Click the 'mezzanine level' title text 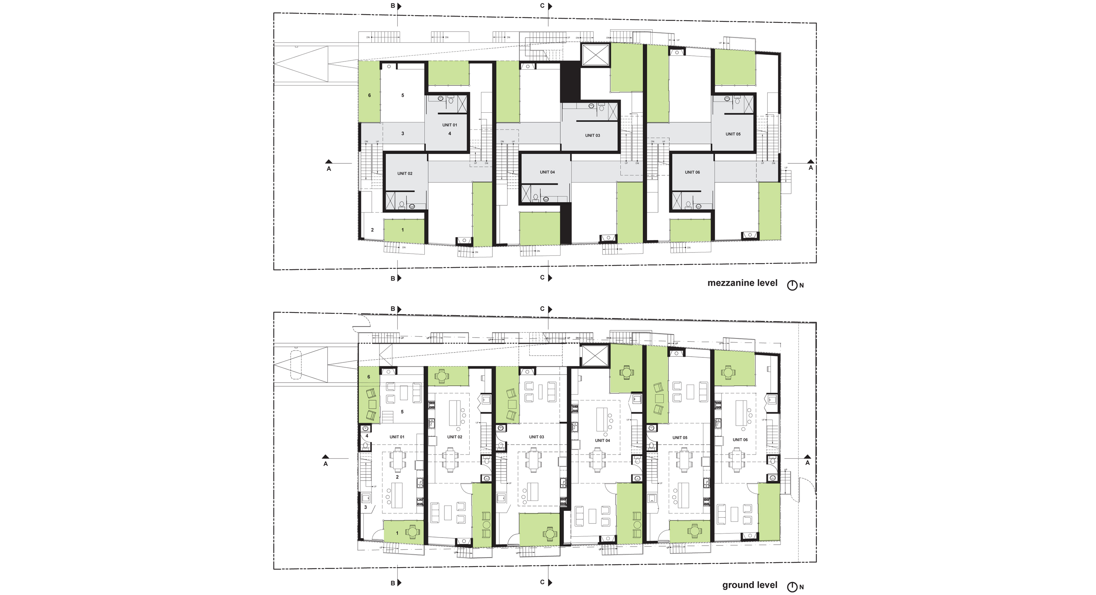[x=742, y=283]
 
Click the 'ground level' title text [x=749, y=585]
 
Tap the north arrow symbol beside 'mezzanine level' [x=792, y=286]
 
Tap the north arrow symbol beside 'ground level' [x=792, y=587]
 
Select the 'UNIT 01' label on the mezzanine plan [x=449, y=125]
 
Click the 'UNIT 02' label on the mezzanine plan [x=405, y=174]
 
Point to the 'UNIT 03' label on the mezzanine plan [x=592, y=136]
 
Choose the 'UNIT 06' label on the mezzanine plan [x=692, y=172]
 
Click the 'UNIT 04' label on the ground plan [x=602, y=440]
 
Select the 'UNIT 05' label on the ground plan [x=679, y=437]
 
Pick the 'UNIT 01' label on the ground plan [x=397, y=437]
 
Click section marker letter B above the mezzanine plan [x=393, y=6]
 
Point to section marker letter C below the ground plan [x=542, y=582]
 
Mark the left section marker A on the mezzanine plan [x=328, y=169]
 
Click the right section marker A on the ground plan [x=807, y=463]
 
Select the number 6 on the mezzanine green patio [x=369, y=95]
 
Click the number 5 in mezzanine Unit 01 [x=403, y=95]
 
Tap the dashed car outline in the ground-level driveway [x=295, y=365]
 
